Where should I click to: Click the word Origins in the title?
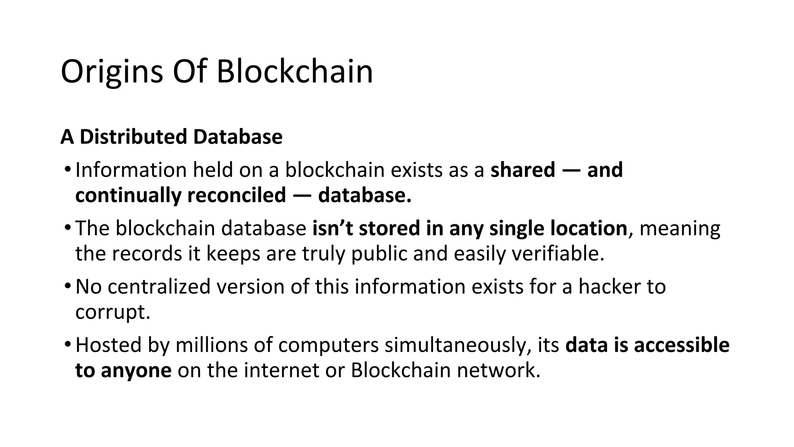[112, 72]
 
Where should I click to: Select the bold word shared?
[523, 170]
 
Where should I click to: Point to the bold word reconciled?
[236, 195]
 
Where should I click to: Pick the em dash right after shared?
[571, 171]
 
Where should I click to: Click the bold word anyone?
[136, 371]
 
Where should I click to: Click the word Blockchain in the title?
[295, 72]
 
